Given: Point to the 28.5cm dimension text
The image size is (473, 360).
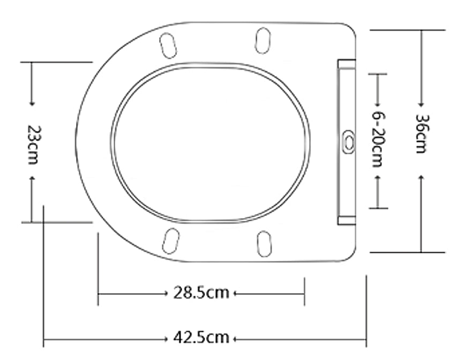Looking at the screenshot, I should [x=201, y=294].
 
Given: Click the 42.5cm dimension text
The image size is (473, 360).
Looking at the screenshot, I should [x=201, y=339].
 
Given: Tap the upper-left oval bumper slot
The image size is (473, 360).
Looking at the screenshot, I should [x=169, y=45].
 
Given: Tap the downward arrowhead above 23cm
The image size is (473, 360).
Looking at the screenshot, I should [x=32, y=102].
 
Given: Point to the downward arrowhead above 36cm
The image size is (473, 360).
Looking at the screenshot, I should [x=422, y=103].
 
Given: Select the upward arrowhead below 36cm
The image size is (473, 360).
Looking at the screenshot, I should [x=422, y=177].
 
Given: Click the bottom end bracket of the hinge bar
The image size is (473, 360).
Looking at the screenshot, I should [x=346, y=220].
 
